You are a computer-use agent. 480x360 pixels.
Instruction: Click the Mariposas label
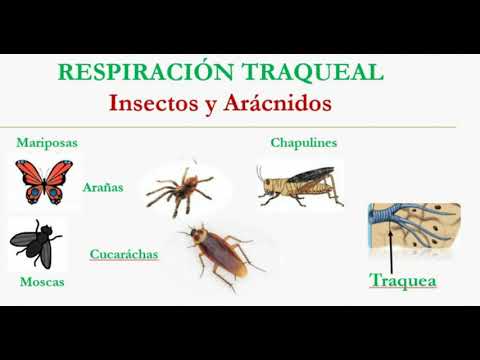click(47, 143)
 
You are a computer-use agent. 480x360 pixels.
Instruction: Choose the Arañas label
click(103, 187)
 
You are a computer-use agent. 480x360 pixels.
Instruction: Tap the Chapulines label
click(304, 143)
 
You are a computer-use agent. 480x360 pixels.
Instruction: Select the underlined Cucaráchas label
click(124, 254)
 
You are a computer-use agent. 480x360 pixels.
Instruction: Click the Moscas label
click(42, 282)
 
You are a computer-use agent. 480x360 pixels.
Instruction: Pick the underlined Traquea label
click(403, 281)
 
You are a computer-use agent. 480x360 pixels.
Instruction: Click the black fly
click(36, 242)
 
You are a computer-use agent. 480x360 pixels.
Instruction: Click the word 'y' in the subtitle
click(212, 104)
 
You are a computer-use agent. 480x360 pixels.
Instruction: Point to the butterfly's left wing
click(30, 179)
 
